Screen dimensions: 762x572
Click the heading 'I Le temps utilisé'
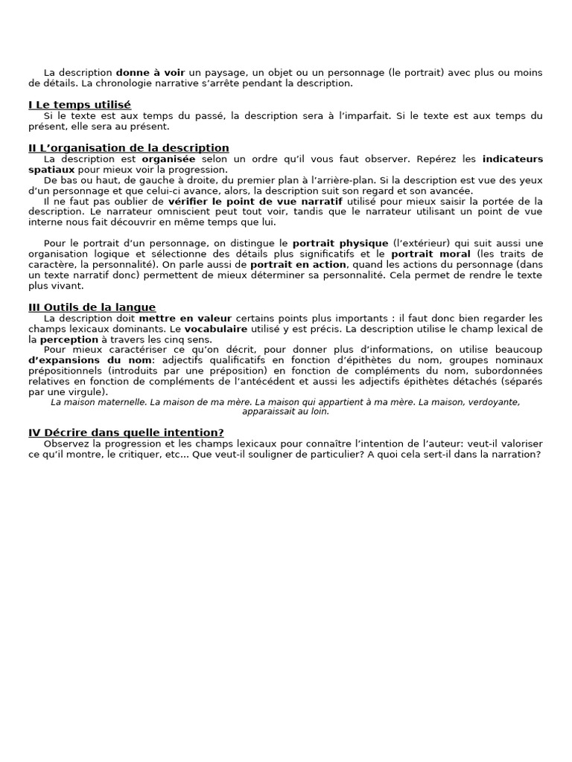coord(80,105)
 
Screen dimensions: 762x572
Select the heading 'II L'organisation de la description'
coord(129,148)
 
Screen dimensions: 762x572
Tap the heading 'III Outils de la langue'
coord(92,307)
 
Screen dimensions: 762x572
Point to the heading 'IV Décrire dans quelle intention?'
coord(127,432)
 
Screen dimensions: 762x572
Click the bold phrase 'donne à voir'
coord(150,73)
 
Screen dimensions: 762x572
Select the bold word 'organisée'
coord(169,159)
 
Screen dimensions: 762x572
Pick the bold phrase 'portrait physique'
coord(340,243)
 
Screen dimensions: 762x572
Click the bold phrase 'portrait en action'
coord(298,265)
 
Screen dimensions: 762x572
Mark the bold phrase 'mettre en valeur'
coord(185,318)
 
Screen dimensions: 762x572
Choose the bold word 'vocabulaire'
coord(217,329)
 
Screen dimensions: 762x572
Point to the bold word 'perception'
coord(69,339)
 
